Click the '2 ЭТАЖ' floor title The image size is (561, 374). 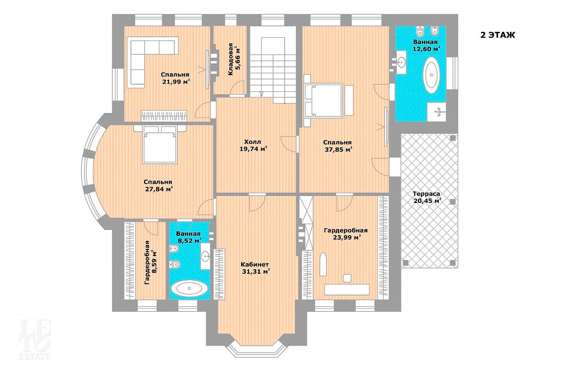coord(498,35)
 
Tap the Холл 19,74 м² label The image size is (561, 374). coord(253,145)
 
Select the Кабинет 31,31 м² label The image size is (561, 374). coord(256,268)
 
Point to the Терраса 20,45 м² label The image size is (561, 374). coord(427,197)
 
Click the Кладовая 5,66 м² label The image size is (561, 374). coord(234,59)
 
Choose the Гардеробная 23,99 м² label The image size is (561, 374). coord(346,234)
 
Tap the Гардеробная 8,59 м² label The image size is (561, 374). coord(151,262)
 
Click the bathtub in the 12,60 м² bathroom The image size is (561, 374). coord(431,75)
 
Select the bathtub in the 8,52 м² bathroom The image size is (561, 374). coord(189,288)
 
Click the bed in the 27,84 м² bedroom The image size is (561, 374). coord(160,144)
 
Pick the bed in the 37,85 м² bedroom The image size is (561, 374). coord(323,100)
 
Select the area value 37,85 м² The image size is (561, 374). coord(339,150)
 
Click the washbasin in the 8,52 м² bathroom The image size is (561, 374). coord(206,256)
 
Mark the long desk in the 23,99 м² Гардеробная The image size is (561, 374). coord(347,290)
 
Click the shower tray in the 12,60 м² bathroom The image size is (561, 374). coord(437,112)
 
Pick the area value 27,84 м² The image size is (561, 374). coord(159,189)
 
